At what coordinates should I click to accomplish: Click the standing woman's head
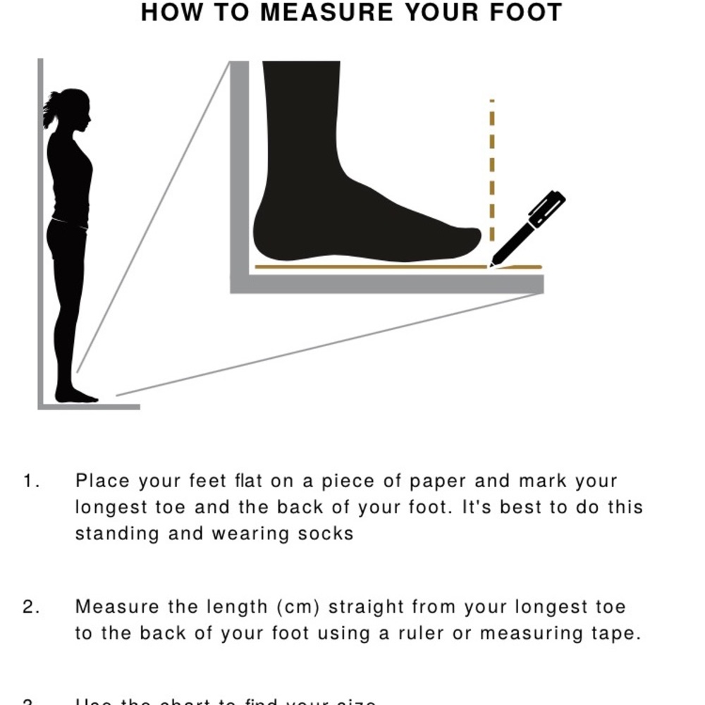click(75, 109)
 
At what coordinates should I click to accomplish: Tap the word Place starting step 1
click(103, 482)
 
